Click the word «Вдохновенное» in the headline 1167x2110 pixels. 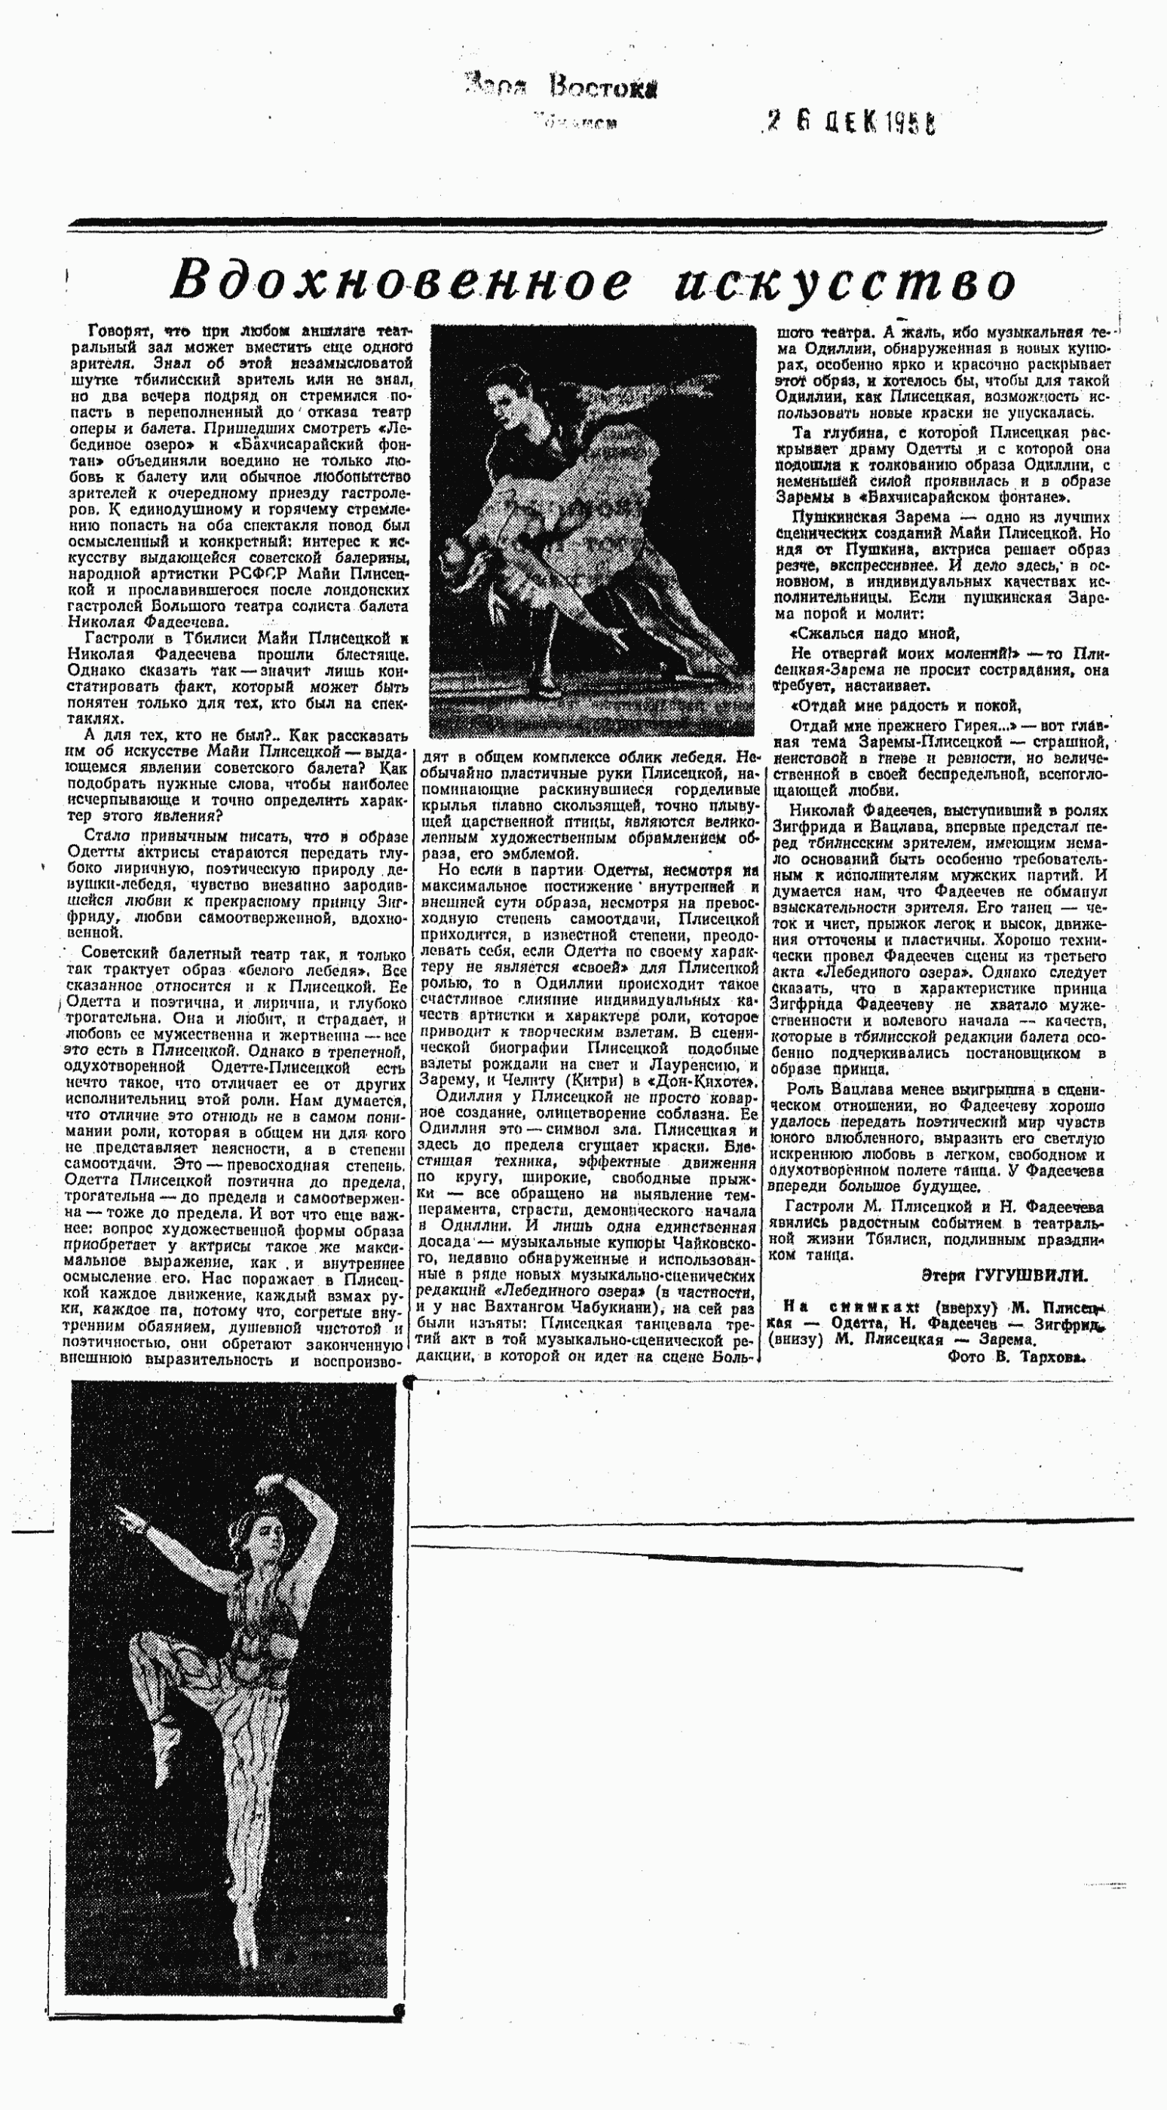pos(402,281)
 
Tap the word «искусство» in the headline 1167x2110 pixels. pos(845,283)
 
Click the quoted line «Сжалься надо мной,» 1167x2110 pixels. pos(874,633)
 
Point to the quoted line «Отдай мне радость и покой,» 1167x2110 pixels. pos(904,705)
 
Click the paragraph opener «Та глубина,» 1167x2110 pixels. pos(828,433)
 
